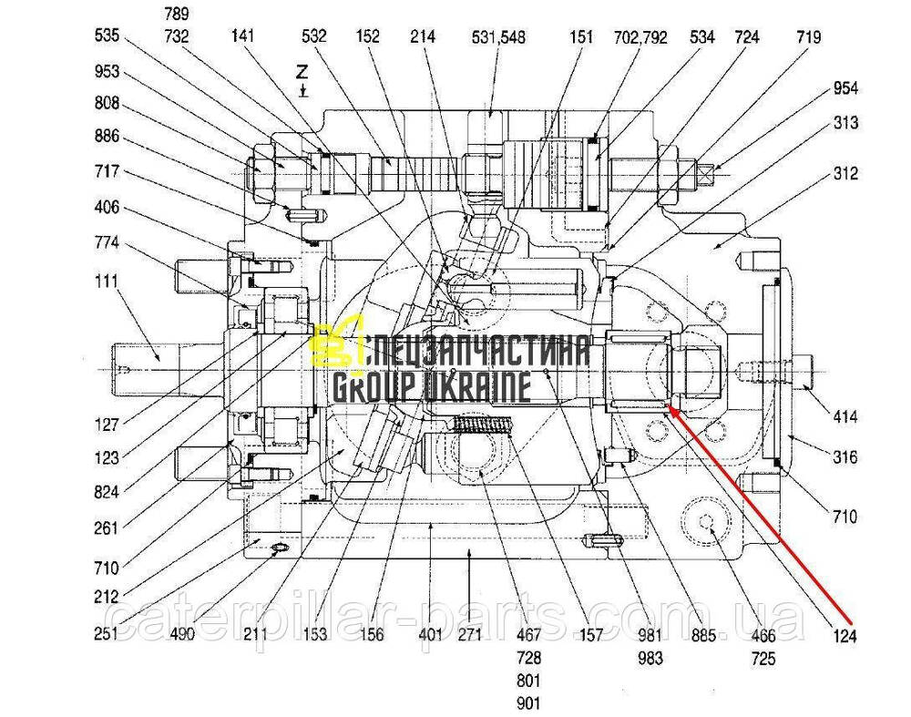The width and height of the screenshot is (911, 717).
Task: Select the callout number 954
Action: click(844, 89)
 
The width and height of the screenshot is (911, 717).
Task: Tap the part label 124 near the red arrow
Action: click(844, 637)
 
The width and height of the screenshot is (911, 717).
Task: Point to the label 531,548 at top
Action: click(498, 38)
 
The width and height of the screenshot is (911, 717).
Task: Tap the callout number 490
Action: click(182, 634)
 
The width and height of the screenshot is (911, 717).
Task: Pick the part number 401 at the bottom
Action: click(430, 635)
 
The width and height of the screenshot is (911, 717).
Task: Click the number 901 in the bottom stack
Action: click(527, 702)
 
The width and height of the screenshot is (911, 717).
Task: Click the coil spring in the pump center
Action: click(483, 425)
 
